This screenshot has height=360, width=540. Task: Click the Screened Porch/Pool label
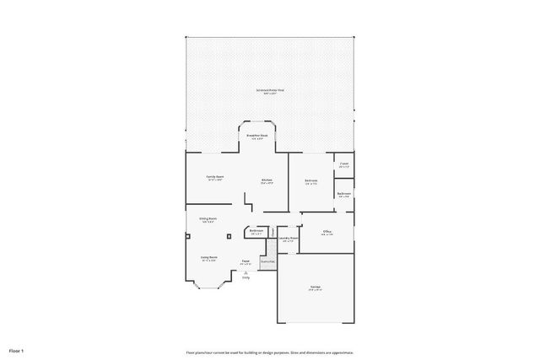269,91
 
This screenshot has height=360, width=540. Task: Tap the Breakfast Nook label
257,136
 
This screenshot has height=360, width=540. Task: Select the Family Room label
215,177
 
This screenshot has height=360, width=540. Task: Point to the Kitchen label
266,180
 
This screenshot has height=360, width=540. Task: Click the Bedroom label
310,180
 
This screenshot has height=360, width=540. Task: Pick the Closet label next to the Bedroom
343,165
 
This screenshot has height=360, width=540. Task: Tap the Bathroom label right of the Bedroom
343,195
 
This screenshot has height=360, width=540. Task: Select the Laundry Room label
289,239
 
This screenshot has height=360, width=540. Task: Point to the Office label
327,232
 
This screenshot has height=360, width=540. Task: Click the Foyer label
246,261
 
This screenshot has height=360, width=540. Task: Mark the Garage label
315,287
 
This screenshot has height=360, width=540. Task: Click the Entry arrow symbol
246,271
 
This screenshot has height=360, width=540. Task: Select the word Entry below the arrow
246,277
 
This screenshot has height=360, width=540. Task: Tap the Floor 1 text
16,350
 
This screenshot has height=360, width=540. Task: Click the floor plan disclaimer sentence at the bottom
269,352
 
